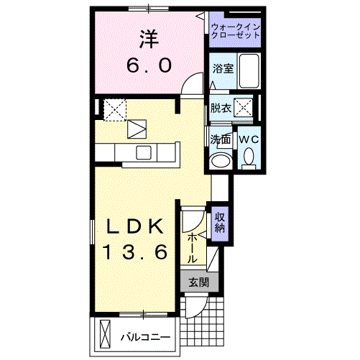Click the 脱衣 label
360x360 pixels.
point(220,109)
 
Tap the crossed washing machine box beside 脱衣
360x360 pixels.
point(244,109)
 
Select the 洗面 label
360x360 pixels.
point(220,139)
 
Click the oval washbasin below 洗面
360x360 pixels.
point(221,159)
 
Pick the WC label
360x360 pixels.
point(249,139)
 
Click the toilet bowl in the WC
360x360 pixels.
point(249,156)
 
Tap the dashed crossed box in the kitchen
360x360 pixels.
point(115,109)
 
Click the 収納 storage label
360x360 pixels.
point(220,221)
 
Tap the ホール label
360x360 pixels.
point(193,247)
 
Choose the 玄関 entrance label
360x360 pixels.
point(198,282)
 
